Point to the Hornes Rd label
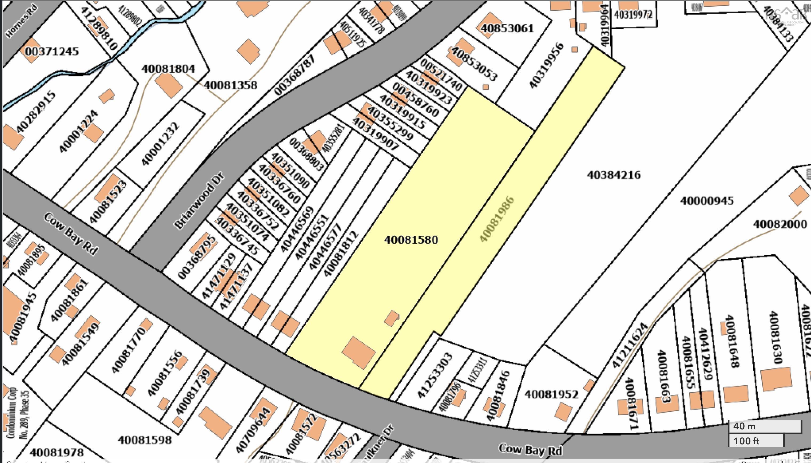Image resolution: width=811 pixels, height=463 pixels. click(x=21, y=22)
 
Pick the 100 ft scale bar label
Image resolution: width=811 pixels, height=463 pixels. click(x=746, y=441)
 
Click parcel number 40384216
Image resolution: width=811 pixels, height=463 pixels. click(x=613, y=175)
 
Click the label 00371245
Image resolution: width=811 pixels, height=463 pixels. click(x=52, y=51)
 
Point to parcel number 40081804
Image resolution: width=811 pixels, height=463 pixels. click(x=168, y=69)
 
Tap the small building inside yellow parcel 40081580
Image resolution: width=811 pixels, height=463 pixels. click(x=392, y=318)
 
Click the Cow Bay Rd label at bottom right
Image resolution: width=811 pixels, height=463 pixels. click(x=530, y=450)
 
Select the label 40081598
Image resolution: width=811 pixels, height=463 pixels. click(x=145, y=440)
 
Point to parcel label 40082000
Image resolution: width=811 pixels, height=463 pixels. click(x=780, y=224)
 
